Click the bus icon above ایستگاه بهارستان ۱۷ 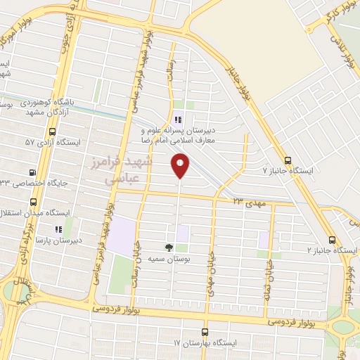[x=205, y=332]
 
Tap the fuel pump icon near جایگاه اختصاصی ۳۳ [x=32, y=172]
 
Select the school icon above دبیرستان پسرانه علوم [x=179, y=120]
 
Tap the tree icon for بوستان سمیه [x=169, y=247]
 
